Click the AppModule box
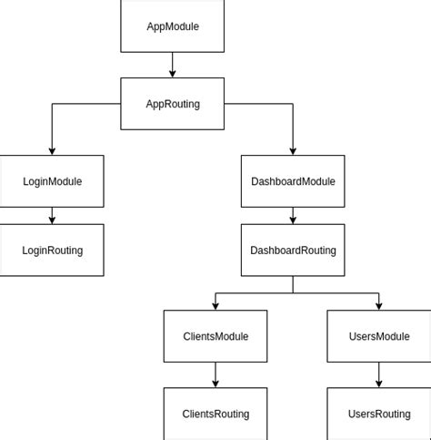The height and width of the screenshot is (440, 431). [x=172, y=26]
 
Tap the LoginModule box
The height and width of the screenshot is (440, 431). [x=52, y=181]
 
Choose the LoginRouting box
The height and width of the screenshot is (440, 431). [x=52, y=251]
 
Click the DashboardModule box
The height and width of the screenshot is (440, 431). [x=293, y=181]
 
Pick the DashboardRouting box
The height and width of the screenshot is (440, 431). [x=293, y=251]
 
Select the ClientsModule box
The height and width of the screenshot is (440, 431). [x=215, y=336]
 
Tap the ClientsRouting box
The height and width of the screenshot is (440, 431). [x=215, y=414]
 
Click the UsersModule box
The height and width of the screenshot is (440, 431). [x=379, y=336]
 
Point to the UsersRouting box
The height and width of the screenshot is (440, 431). [x=379, y=414]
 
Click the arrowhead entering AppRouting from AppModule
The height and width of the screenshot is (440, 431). [x=172, y=73]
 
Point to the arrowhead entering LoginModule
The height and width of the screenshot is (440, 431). [x=52, y=150]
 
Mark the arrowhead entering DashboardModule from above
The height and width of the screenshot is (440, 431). [x=293, y=150]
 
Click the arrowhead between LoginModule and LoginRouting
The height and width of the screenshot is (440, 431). [x=52, y=220]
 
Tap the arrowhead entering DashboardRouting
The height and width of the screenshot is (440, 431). [x=293, y=220]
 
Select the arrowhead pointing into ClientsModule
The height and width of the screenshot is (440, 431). [x=215, y=305]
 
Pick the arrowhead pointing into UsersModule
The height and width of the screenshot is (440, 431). [x=379, y=305]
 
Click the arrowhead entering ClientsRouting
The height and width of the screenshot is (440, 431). [x=215, y=383]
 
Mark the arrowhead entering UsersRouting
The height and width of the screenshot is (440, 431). [x=379, y=383]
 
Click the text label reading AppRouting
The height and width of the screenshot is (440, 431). [x=172, y=104]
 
